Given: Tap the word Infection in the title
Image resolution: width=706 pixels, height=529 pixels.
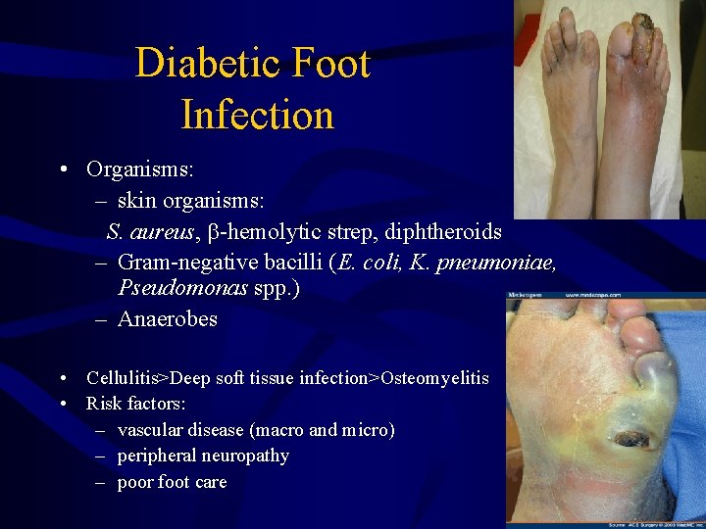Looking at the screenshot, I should tap(258, 115).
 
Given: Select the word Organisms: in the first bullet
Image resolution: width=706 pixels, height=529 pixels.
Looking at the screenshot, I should tap(139, 168).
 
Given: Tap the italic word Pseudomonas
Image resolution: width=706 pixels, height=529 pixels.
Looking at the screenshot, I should tap(176, 288).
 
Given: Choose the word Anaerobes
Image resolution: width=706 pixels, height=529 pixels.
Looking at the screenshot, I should tap(167, 319).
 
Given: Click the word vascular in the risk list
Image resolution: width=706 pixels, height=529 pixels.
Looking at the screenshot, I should tap(150, 430).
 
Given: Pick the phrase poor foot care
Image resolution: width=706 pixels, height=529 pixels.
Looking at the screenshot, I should tap(172, 482).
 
